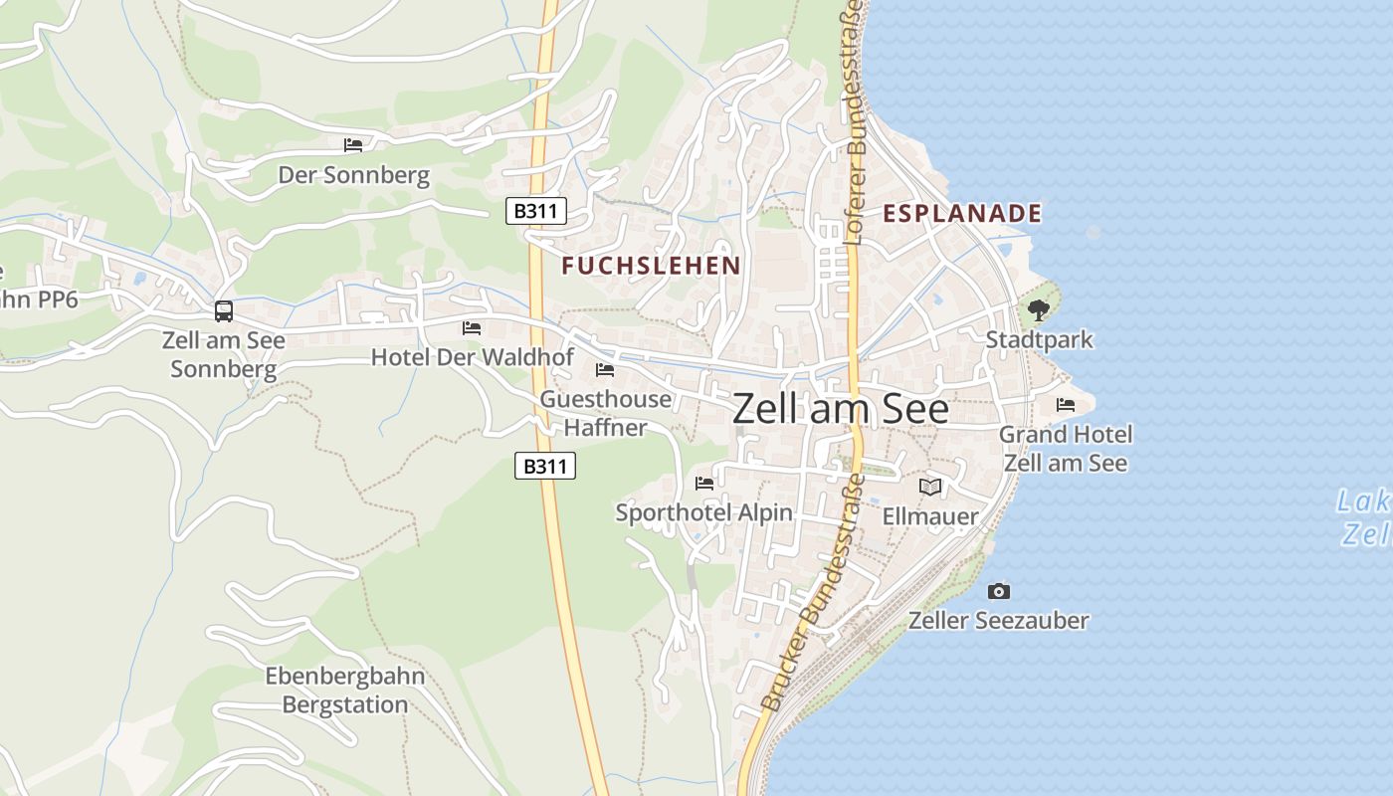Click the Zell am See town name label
click(841, 409)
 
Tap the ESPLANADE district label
click(962, 213)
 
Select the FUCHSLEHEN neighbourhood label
click(651, 265)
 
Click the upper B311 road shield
click(536, 211)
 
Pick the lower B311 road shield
click(545, 466)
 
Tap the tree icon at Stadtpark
click(1039, 310)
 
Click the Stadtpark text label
click(1039, 339)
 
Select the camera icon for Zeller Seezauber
click(999, 591)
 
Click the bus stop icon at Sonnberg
click(224, 311)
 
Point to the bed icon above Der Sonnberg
click(353, 145)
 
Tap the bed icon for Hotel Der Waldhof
click(472, 327)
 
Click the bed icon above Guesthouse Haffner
click(605, 370)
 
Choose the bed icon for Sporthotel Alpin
click(704, 484)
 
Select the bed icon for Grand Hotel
click(1066, 405)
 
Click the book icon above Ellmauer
click(930, 487)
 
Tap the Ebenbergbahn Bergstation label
click(345, 691)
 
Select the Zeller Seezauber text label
click(999, 620)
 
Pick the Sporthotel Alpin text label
click(704, 512)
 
